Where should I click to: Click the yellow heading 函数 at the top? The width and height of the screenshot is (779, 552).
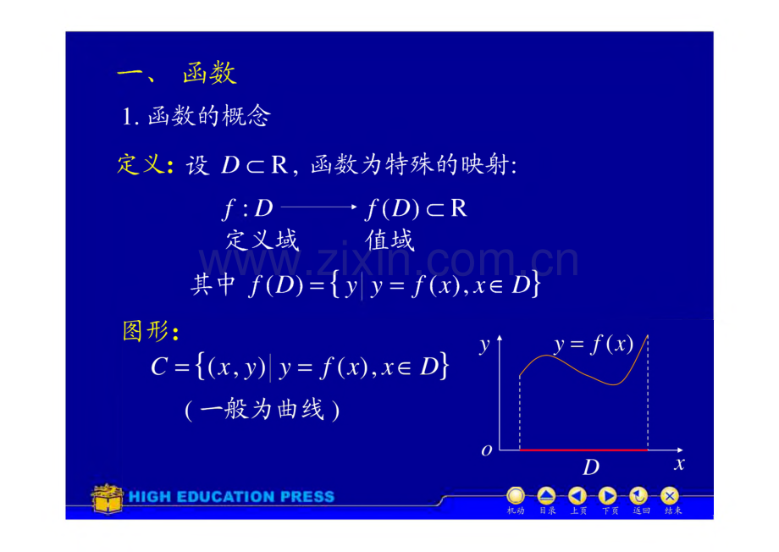[209, 74]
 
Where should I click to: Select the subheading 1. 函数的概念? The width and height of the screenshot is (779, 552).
[196, 116]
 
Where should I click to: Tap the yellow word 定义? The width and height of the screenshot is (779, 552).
[140, 164]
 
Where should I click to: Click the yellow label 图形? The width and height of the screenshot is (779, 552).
[145, 330]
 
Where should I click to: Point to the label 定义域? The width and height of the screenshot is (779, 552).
[262, 240]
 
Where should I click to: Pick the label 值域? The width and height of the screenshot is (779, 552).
[389, 240]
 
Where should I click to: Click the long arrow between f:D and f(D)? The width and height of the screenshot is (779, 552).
[319, 207]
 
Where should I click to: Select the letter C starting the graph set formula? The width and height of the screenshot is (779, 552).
[159, 367]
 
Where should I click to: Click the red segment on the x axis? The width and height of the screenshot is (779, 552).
[583, 450]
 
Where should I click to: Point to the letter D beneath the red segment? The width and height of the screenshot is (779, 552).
[591, 467]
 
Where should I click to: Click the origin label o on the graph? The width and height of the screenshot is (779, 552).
[487, 450]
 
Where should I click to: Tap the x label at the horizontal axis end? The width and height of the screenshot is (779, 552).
[679, 464]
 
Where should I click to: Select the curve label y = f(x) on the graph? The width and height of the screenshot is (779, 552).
[594, 344]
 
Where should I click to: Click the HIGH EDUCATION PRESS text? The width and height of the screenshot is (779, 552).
[231, 496]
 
